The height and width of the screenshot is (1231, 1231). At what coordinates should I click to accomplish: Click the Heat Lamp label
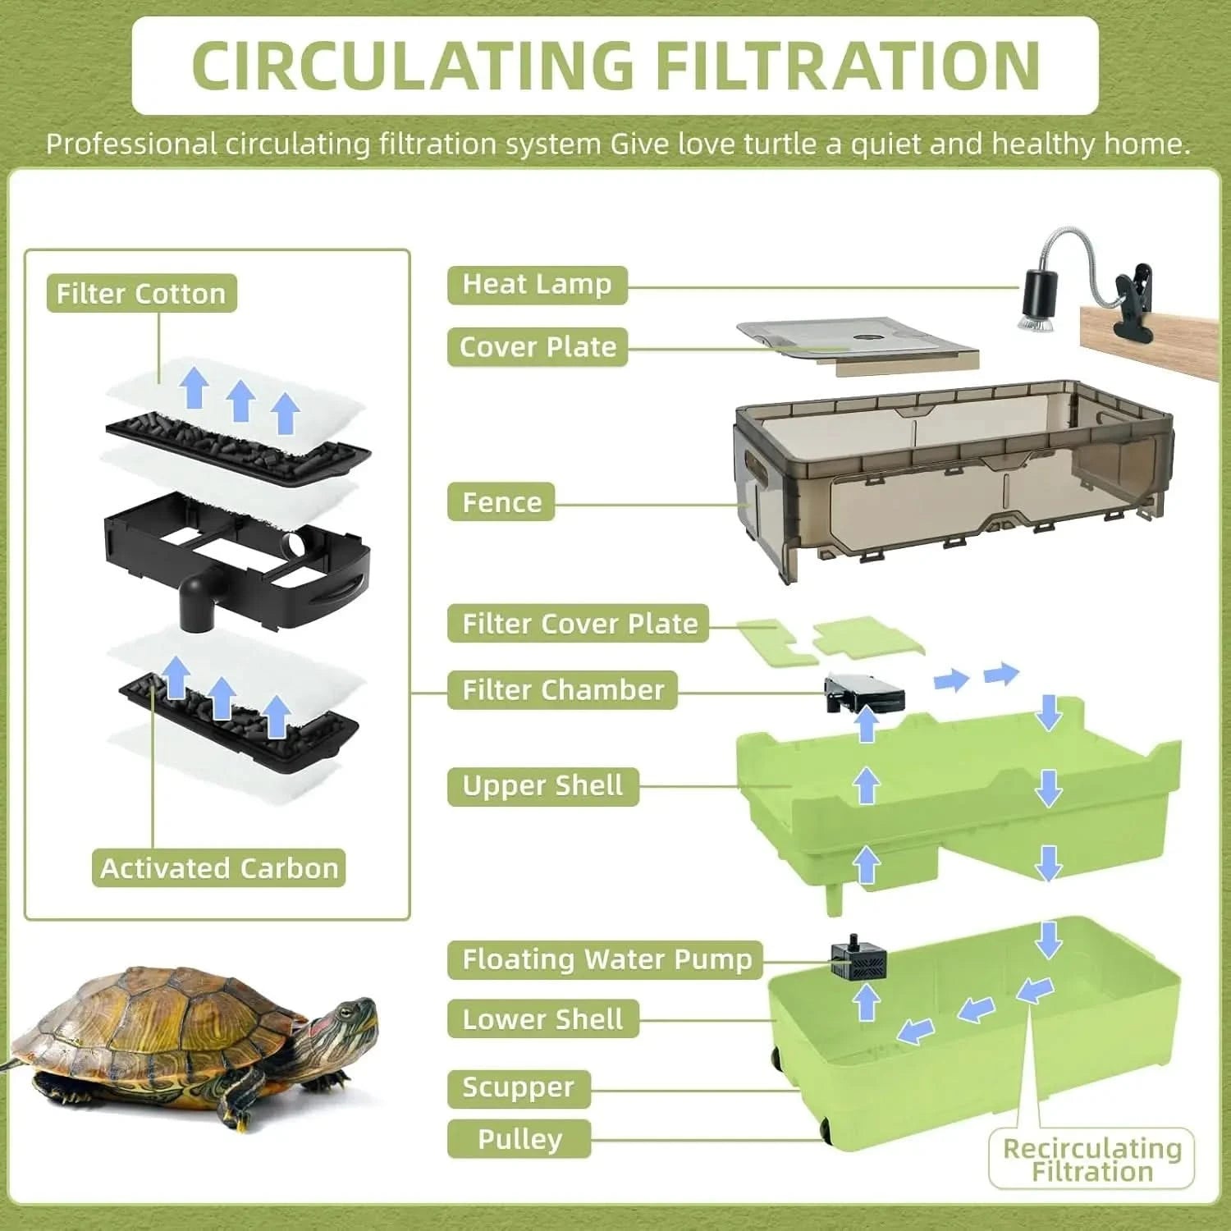[537, 285]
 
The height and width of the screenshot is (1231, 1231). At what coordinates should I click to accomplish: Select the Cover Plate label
[538, 347]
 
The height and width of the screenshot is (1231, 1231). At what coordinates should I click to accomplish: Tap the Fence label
[501, 502]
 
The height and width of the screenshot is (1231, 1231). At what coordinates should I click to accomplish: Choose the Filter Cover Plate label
[579, 624]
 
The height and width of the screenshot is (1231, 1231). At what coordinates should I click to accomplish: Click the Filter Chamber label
[562, 690]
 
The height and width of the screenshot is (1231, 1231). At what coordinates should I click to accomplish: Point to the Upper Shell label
[542, 786]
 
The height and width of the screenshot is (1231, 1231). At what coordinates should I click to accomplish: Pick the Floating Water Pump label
[606, 959]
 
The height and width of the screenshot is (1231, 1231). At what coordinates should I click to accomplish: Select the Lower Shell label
[542, 1019]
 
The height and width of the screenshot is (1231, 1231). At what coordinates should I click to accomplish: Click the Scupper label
[518, 1088]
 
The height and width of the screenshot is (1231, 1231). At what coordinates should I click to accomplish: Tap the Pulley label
[519, 1139]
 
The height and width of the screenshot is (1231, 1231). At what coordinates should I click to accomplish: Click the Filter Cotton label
[141, 294]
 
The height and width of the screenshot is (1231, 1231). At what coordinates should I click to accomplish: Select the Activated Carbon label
[218, 868]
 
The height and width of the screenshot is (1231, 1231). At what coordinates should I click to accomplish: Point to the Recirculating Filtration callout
[1091, 1160]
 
